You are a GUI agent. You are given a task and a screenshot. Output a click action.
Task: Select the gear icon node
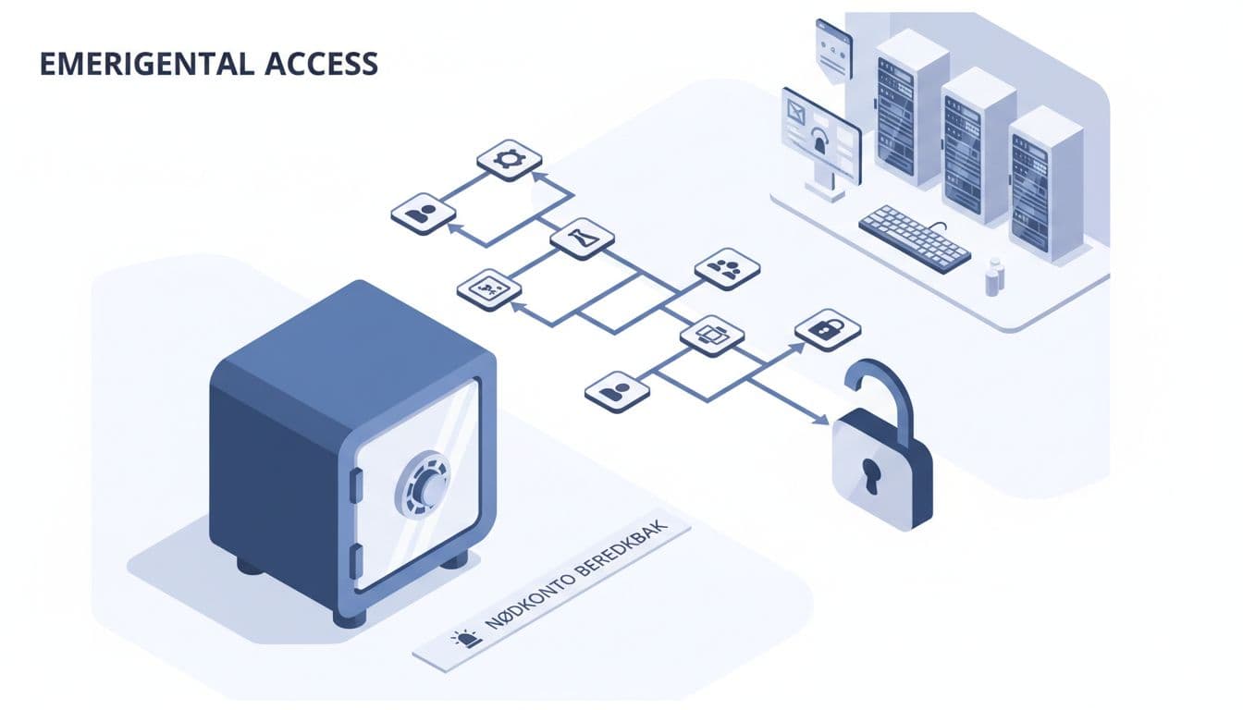[x=509, y=160]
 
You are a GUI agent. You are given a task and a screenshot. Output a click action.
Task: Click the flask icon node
[x=583, y=238]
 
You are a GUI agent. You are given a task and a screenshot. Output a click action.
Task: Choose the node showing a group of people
[x=727, y=269]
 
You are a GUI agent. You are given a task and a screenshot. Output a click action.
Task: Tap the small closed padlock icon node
[x=827, y=329]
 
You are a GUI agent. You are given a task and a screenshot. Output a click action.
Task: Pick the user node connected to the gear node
[x=423, y=214]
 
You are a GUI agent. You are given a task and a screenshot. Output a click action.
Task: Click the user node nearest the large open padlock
[x=618, y=391]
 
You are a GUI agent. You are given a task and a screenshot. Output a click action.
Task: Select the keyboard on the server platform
[x=914, y=237]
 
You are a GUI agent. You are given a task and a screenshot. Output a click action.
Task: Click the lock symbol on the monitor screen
[x=820, y=142]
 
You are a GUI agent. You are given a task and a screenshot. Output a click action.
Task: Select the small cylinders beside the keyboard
[x=994, y=276]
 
